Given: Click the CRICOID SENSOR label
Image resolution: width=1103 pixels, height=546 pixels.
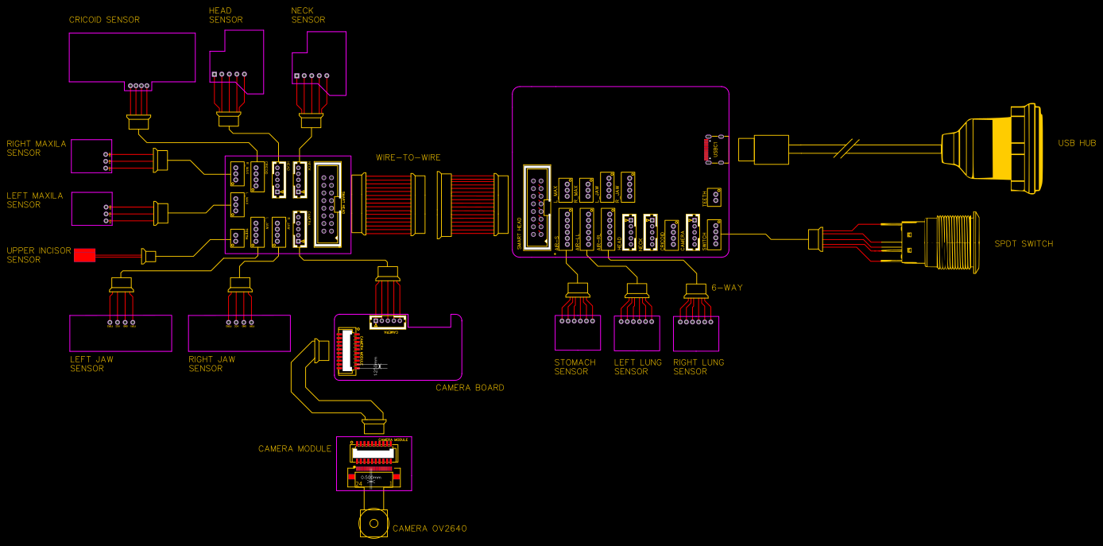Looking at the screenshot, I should [104, 19].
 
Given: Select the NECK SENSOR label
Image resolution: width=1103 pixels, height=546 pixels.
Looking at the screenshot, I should [308, 15].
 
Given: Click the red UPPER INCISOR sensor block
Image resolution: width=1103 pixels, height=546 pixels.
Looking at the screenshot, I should [84, 255].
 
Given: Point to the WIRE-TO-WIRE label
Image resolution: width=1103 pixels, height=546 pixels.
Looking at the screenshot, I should [408, 157].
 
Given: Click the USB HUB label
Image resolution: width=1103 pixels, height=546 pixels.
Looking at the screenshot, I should [1077, 143].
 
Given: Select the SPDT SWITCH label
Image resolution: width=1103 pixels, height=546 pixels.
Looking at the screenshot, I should [1024, 244].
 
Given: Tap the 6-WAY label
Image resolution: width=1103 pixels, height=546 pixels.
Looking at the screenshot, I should [726, 288].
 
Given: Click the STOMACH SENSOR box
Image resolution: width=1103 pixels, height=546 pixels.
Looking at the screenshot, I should [577, 333].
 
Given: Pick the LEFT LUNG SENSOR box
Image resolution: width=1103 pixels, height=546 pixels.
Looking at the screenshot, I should [637, 333].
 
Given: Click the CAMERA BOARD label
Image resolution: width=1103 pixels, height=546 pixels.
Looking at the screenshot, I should [470, 388].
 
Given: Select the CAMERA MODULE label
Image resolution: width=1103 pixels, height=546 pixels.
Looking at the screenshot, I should [295, 449].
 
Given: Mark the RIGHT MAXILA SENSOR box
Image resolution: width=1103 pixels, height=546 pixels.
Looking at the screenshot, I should [91, 156].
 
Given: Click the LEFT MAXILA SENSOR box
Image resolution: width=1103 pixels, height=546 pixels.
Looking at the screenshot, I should [91, 208].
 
